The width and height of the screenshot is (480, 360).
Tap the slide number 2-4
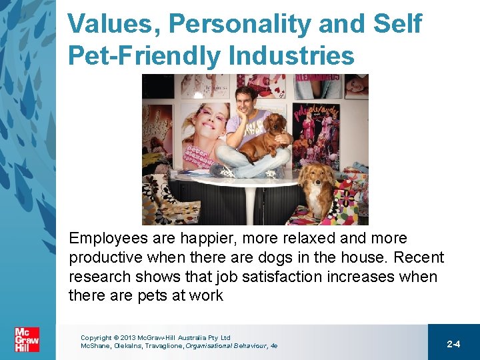coord(453,344)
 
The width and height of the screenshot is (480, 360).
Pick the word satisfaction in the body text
coord(279,277)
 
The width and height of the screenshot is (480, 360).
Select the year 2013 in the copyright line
coord(129,338)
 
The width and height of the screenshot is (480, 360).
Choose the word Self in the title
coord(398,25)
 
